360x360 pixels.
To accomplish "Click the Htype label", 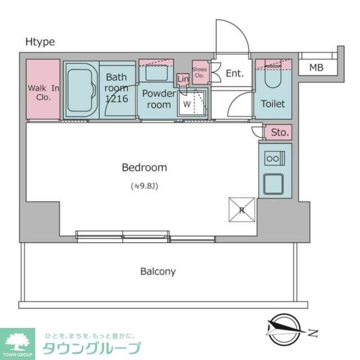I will click(x=40, y=42).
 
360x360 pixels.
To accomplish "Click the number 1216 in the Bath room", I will click(x=116, y=98).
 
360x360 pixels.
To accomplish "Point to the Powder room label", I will click(x=158, y=99).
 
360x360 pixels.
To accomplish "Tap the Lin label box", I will click(x=182, y=79).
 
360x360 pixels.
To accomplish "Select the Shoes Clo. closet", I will click(x=200, y=72).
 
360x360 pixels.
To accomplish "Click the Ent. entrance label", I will click(x=235, y=73).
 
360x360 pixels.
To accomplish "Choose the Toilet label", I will click(x=272, y=103).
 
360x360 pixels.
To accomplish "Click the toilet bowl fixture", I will click(x=273, y=79).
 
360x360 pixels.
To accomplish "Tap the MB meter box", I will click(x=316, y=68).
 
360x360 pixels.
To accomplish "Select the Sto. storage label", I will click(x=280, y=133).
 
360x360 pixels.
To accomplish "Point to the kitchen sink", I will click(x=275, y=183).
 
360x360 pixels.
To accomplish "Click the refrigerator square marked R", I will click(x=241, y=210).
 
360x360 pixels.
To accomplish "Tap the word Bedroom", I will click(x=145, y=167).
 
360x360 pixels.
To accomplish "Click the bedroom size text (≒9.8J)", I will click(x=145, y=186).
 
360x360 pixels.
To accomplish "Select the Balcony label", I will click(x=157, y=272).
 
